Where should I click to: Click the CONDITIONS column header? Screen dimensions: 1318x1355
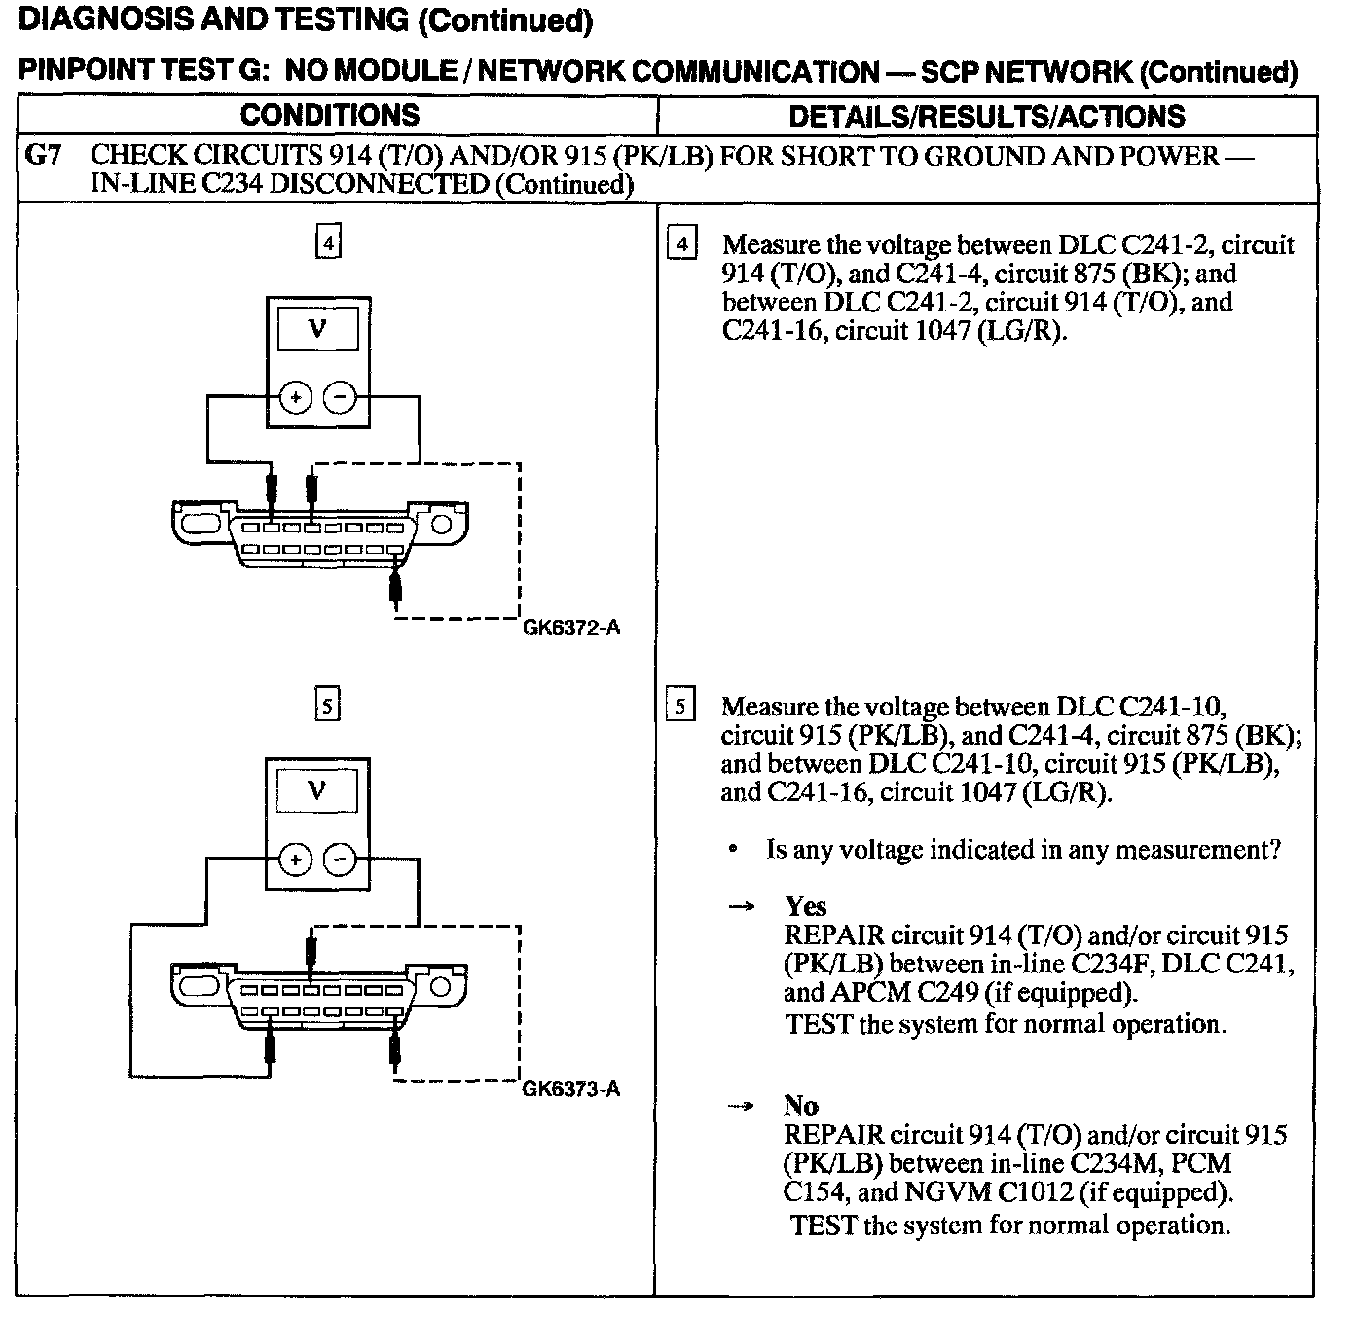329,115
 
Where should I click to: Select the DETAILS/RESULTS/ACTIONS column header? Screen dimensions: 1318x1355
986,116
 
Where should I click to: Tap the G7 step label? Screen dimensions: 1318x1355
43,156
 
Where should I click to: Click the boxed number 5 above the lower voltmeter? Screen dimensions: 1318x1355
328,704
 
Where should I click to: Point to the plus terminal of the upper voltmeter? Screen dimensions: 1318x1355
296,397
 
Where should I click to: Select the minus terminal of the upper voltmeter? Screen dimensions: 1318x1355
340,397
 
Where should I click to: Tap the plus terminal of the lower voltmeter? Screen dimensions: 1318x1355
296,860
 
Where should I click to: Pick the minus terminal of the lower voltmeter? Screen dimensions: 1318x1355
340,860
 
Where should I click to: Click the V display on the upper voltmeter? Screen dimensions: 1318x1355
318,329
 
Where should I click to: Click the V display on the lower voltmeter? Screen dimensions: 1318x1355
318,789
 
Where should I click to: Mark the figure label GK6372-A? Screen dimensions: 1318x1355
571,628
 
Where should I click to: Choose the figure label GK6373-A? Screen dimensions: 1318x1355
571,1088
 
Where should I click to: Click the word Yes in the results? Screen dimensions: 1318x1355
805,906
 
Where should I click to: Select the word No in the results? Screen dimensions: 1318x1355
801,1105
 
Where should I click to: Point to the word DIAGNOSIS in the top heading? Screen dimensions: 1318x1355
97,20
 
